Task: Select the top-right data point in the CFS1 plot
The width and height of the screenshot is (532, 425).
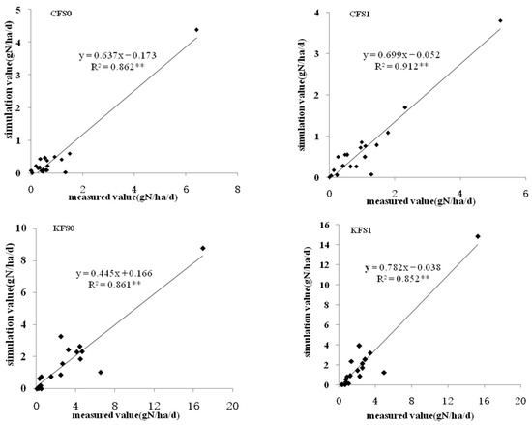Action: click(499, 20)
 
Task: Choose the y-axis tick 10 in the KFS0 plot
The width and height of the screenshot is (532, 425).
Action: click(23, 229)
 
